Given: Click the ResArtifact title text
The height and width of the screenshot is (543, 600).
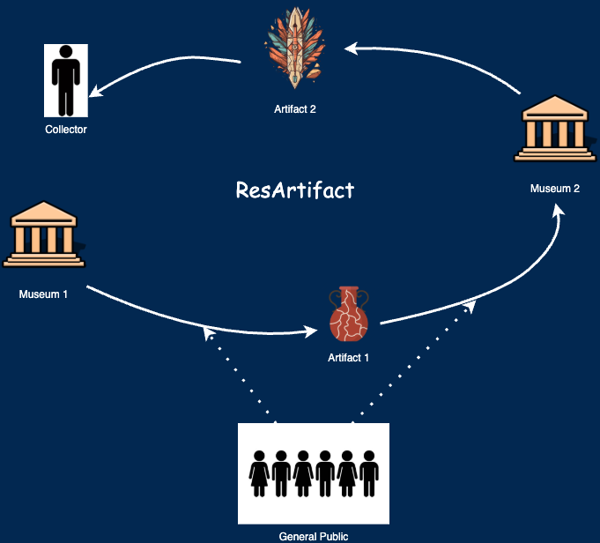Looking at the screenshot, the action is [295, 190].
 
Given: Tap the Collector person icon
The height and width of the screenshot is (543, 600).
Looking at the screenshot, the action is [66, 80].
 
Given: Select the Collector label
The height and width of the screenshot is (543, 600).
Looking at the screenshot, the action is [66, 130].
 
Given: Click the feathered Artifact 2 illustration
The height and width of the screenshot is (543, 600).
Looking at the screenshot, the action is [294, 48].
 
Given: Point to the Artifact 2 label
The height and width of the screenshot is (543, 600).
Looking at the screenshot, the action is [295, 109].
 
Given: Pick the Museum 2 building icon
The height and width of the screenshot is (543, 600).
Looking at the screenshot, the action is [555, 129].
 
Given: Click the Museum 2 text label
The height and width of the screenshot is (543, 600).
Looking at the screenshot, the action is [555, 189].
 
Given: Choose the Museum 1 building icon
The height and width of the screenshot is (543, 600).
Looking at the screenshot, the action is [44, 234].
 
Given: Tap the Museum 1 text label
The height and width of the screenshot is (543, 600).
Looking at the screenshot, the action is [43, 294].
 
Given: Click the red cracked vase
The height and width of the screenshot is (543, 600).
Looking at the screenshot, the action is [349, 313].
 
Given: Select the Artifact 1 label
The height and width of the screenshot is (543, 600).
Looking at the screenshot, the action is [348, 358].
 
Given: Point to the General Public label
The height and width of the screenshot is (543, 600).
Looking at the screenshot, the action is [314, 537].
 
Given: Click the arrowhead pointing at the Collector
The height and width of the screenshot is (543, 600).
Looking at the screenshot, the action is [95, 91].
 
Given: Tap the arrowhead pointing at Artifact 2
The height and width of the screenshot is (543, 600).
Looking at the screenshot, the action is [351, 48].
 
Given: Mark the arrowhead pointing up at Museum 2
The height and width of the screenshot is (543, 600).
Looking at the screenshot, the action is [559, 211].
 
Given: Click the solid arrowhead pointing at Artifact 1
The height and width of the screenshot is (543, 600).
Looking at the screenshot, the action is [311, 331].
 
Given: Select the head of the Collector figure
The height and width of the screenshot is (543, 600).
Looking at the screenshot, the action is [66, 52].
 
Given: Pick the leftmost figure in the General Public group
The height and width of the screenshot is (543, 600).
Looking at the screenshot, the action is [259, 473].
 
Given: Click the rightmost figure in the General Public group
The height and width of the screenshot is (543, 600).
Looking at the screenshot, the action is [369, 473].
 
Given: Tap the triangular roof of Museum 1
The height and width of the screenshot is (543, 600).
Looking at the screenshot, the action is [44, 210].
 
